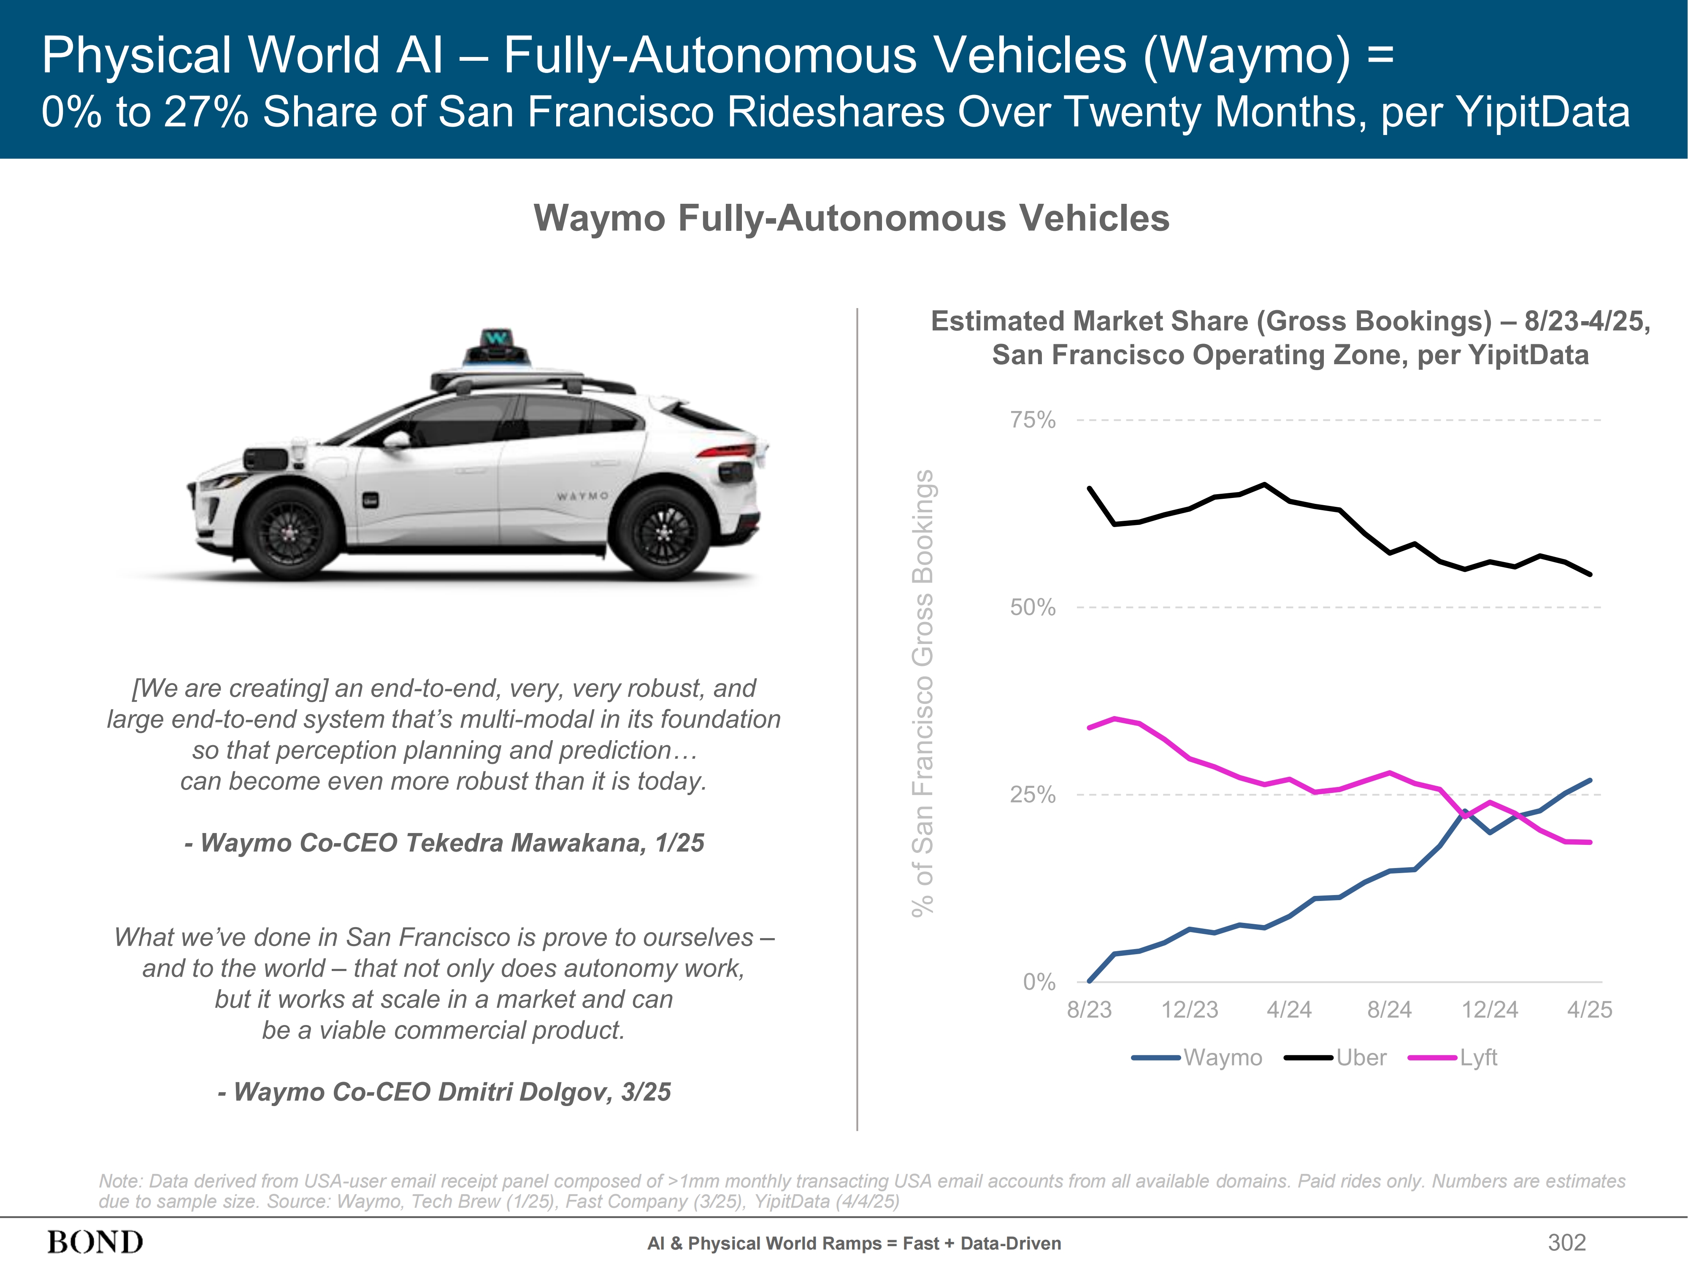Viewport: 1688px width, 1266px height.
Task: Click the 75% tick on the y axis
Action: pyautogui.click(x=1033, y=420)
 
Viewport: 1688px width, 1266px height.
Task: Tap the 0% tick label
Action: pyautogui.click(x=1039, y=982)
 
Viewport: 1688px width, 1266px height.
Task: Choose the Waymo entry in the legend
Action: pyautogui.click(x=1223, y=1058)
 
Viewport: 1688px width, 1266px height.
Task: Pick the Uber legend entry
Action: pyautogui.click(x=1361, y=1058)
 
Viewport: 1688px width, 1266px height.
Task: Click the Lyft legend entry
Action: pyautogui.click(x=1478, y=1058)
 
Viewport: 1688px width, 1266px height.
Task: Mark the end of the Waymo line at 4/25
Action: pyautogui.click(x=1591, y=780)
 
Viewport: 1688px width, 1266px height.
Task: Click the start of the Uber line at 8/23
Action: pyautogui.click(x=1089, y=488)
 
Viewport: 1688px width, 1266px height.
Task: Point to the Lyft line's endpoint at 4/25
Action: pyautogui.click(x=1591, y=842)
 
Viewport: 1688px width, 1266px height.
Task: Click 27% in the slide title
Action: pyautogui.click(x=206, y=112)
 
